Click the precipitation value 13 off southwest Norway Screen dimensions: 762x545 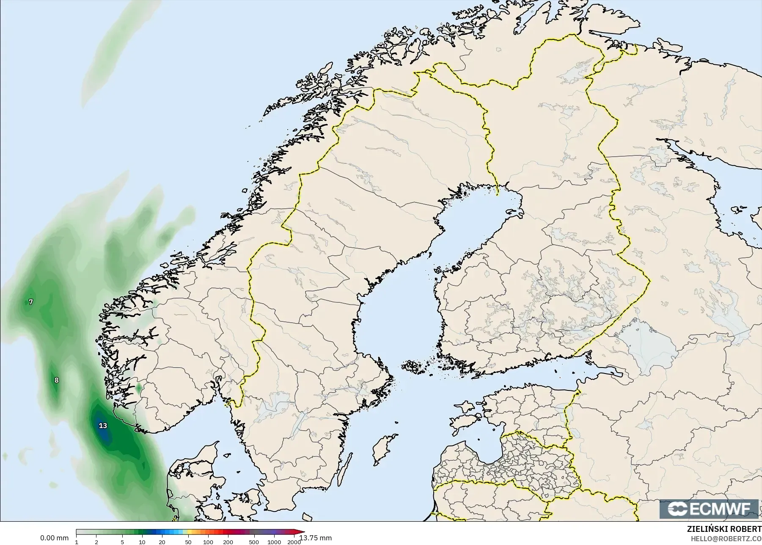(103, 426)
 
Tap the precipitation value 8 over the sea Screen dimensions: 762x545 (57, 380)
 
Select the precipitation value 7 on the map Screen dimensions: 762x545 (30, 302)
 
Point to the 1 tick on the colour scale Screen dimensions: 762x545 (77, 542)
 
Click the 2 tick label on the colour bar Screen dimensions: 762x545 (96, 542)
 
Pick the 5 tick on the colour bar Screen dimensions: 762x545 (122, 542)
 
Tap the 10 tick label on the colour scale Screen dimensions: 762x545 (142, 542)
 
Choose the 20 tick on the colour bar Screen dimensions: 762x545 (162, 542)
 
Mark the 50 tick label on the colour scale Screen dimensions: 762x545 (188, 542)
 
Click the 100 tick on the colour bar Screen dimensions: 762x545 (208, 542)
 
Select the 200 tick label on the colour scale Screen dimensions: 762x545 (228, 542)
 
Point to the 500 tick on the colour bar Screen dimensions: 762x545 (254, 542)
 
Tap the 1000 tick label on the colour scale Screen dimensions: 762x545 (274, 542)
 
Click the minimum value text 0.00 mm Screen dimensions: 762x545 (54, 538)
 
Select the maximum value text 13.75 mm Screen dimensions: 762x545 (316, 538)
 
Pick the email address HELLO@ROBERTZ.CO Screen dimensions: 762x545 (726, 539)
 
